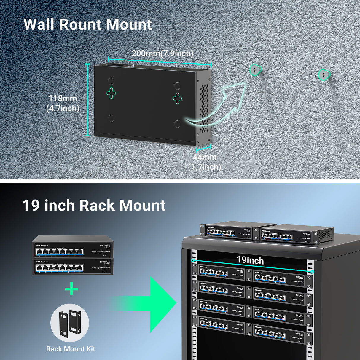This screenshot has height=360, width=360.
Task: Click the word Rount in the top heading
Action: pos(80,24)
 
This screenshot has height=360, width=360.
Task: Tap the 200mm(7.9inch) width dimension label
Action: pos(162,54)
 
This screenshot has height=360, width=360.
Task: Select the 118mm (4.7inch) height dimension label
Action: pos(63,103)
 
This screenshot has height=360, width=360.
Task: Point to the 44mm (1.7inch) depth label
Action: pos(205,162)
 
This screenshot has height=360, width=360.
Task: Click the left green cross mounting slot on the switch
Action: pos(111,93)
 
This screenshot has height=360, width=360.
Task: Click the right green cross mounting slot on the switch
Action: pos(177,98)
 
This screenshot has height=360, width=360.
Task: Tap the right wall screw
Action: pos(323,74)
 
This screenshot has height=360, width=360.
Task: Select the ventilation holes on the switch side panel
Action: pos(204,108)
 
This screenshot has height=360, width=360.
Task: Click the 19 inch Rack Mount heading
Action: pos(94,205)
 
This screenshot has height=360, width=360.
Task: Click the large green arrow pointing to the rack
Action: pos(148,304)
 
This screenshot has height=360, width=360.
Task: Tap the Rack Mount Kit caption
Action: pos(71,349)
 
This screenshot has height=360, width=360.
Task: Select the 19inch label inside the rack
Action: pos(250,260)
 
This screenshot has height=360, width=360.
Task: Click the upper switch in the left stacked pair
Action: pos(73,247)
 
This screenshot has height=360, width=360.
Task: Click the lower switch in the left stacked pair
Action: pos(73,267)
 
